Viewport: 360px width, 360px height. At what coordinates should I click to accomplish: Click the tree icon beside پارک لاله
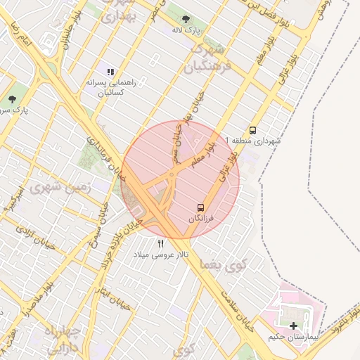pos(186,19)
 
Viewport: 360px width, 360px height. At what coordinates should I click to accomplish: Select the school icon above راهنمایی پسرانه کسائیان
pos(110,71)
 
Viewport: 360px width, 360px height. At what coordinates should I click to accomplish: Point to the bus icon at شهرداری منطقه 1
pos(252,129)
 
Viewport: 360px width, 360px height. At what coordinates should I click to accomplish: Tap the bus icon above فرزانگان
pos(201,208)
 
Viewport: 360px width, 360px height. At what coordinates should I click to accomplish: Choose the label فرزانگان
pos(205,220)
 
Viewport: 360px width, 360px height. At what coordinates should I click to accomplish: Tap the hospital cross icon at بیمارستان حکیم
pos(293,326)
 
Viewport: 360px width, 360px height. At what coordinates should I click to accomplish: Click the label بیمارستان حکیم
pos(293,337)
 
